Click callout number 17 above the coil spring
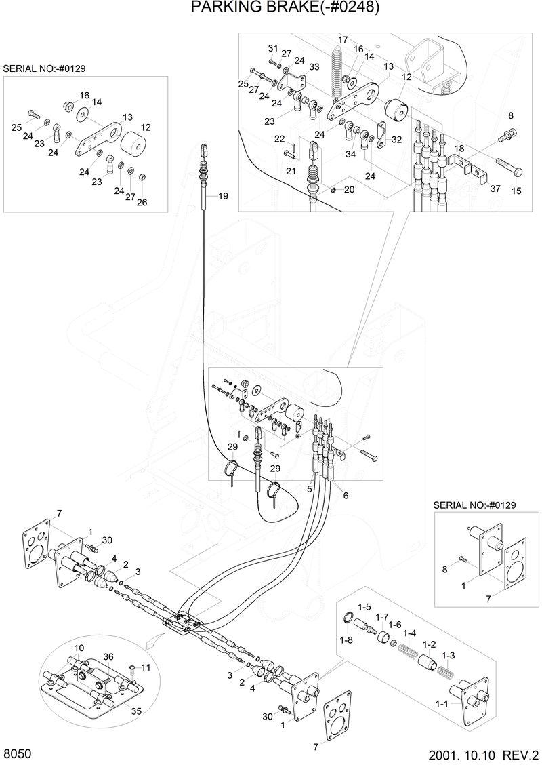pos(343,39)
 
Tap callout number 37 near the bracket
pos(495,189)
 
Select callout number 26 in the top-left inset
pos(142,202)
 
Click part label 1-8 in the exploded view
pos(346,639)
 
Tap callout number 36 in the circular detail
pos(108,656)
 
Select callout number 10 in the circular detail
pos(79,648)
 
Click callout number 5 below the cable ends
pos(309,488)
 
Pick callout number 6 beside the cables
pos(346,496)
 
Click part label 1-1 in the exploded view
pos(442,705)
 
